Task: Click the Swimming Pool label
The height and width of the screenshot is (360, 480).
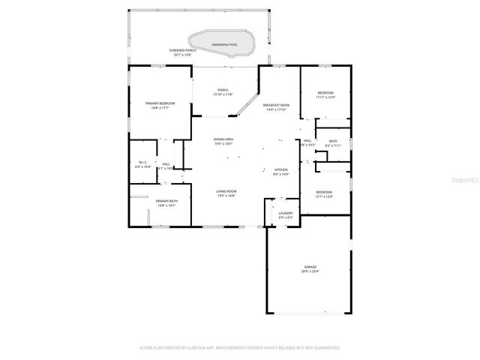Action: (224, 46)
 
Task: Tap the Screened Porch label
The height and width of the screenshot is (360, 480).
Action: (181, 50)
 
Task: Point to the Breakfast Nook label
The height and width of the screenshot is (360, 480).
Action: (276, 105)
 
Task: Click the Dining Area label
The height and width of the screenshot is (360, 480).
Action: (223, 139)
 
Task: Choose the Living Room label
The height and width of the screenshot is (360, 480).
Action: (226, 191)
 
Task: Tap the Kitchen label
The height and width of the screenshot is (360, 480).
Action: (281, 170)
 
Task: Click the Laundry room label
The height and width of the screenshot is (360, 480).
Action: (285, 214)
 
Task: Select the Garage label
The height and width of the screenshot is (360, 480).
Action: (310, 267)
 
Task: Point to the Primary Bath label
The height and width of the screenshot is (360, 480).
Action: (166, 200)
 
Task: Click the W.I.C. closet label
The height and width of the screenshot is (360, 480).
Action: (142, 163)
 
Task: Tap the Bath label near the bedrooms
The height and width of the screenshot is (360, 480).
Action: (333, 141)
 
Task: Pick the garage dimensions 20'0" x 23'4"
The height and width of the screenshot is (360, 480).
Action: (310, 271)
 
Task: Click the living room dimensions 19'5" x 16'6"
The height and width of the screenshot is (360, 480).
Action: (226, 196)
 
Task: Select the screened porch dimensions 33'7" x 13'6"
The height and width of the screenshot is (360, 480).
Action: (181, 55)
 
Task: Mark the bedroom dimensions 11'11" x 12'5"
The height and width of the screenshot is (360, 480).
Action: (325, 97)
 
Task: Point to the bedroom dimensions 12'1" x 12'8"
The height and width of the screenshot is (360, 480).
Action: (324, 196)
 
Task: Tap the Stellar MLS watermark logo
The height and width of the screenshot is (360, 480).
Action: (457, 181)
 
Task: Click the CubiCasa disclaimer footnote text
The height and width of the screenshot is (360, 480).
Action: (240, 348)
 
